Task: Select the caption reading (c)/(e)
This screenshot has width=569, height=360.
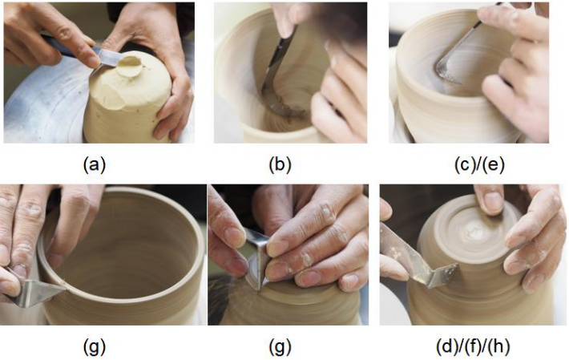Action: (x=468, y=164)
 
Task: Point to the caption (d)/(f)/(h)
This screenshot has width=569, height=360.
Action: (x=469, y=346)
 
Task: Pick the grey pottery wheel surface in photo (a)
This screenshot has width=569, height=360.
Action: (x=40, y=112)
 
